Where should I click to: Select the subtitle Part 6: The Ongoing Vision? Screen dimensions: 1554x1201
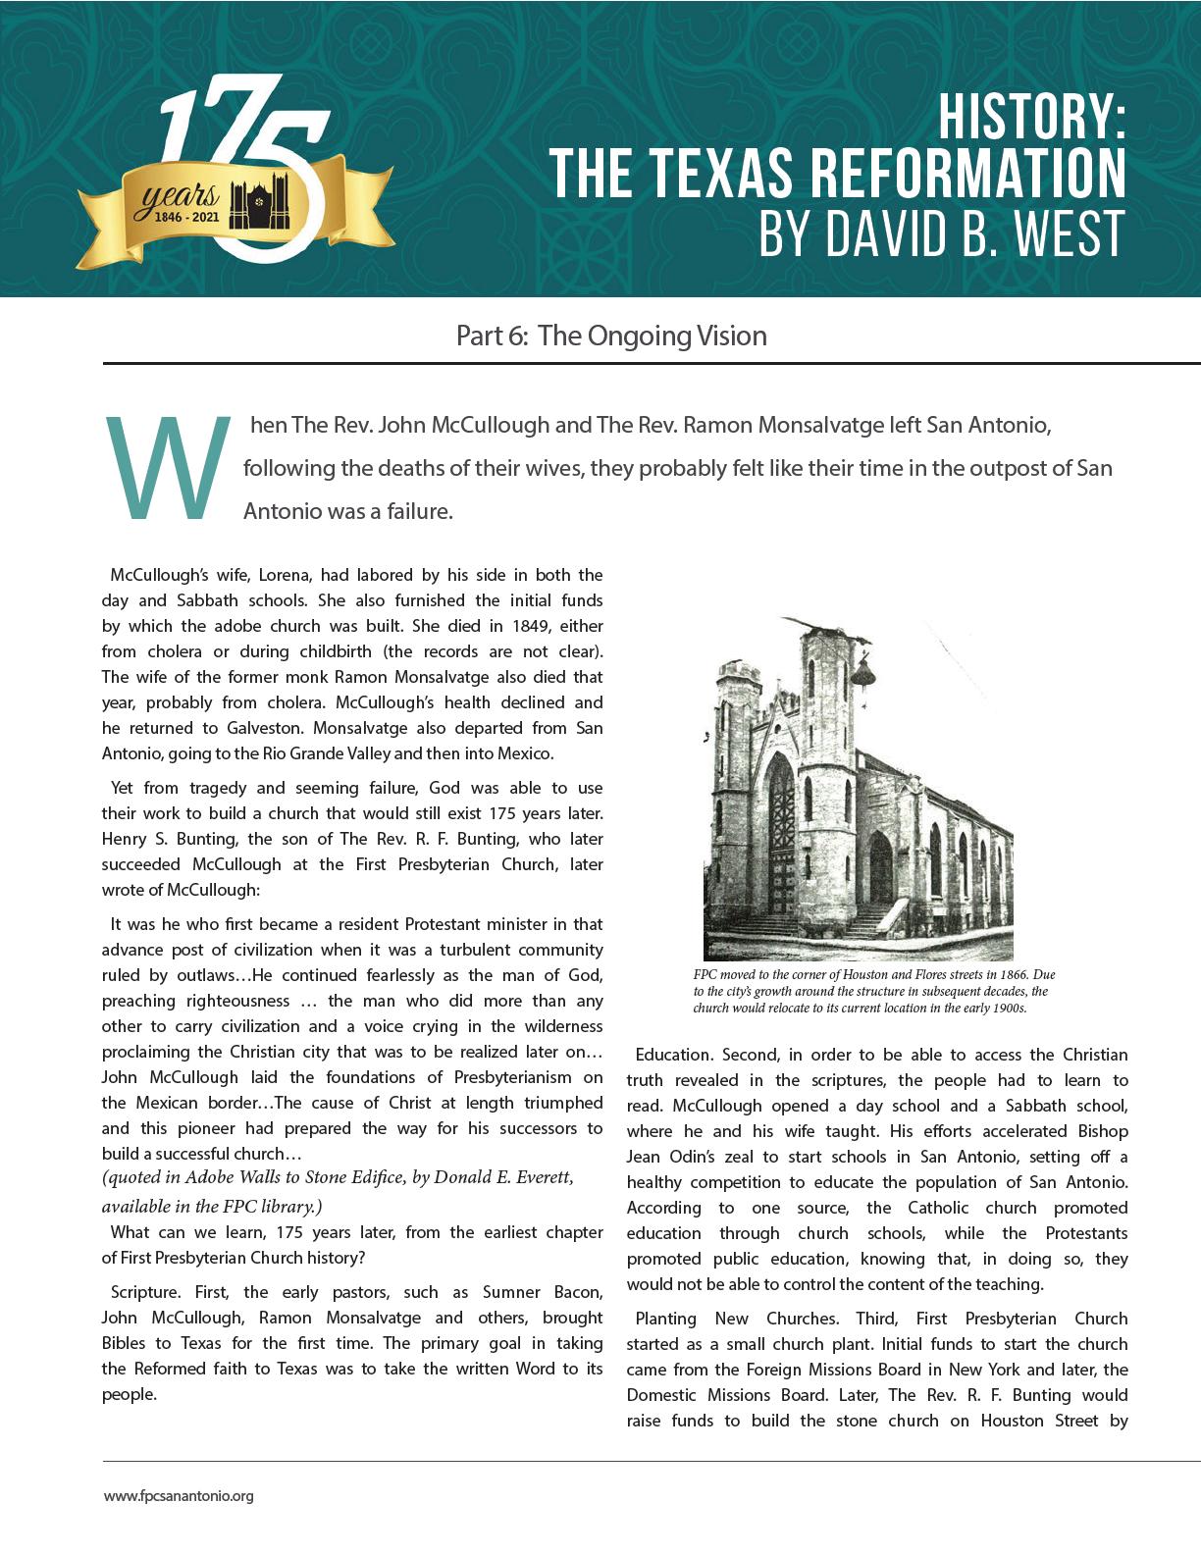pos(611,336)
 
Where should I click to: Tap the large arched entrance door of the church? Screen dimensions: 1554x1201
pos(782,834)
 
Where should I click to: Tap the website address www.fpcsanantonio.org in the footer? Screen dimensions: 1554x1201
pos(179,1496)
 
